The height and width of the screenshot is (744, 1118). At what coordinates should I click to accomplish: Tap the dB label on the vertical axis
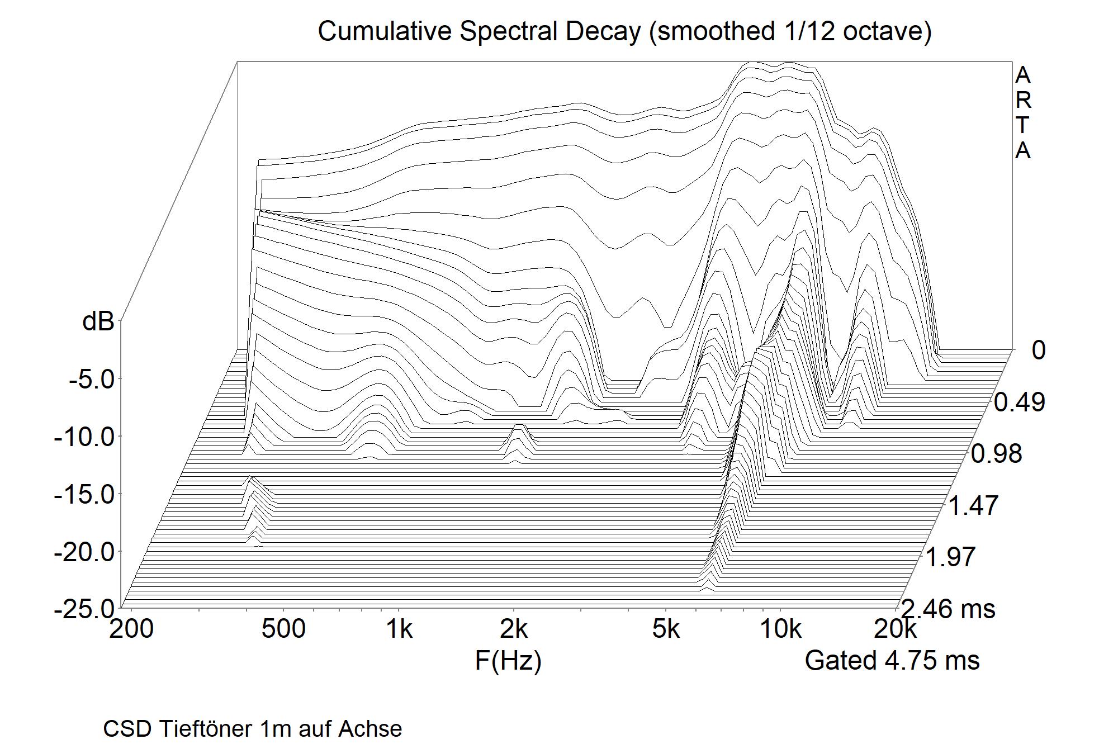click(98, 322)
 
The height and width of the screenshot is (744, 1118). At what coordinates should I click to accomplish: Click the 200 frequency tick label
click(131, 629)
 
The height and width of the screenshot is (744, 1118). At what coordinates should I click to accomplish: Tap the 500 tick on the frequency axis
click(283, 629)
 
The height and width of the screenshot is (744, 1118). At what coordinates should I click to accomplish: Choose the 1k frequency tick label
click(399, 629)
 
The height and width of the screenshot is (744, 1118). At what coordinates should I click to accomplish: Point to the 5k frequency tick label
click(666, 629)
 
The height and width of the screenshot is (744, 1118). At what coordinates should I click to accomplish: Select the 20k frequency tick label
click(895, 629)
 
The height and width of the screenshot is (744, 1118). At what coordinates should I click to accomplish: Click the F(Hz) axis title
click(508, 661)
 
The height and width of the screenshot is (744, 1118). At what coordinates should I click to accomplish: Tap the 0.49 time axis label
click(1019, 402)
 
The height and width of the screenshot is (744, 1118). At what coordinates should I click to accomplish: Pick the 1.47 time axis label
click(973, 506)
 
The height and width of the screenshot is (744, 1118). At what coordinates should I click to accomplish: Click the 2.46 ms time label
click(949, 608)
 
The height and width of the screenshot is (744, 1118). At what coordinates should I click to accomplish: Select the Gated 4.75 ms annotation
click(892, 661)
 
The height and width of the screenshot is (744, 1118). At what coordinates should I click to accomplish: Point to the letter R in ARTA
click(1022, 100)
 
